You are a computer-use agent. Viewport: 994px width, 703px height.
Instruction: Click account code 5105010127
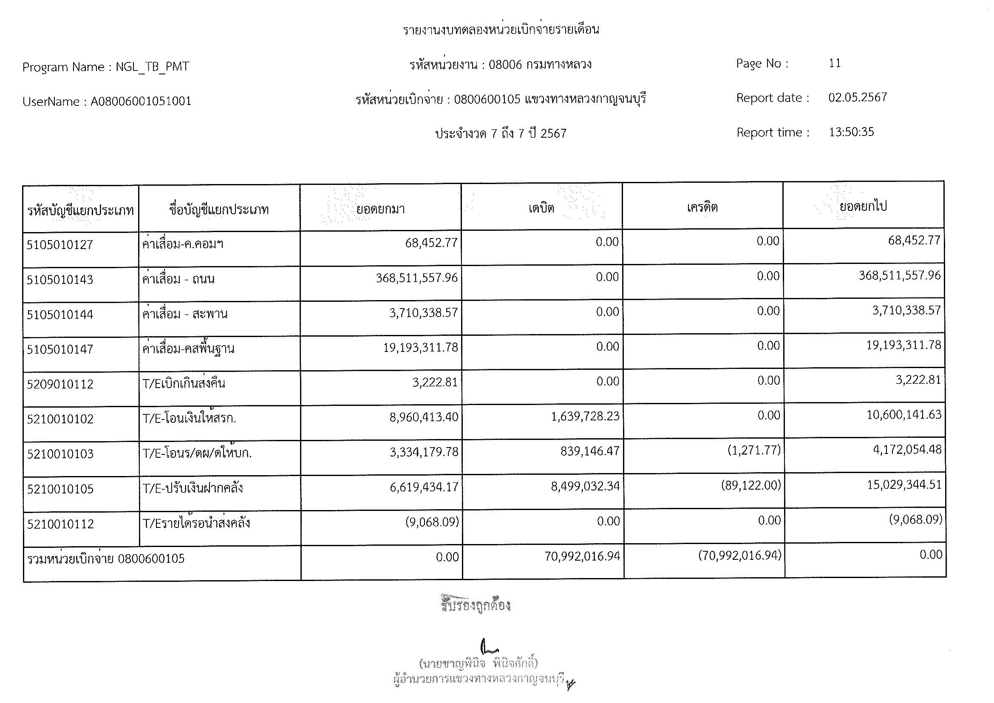(x=60, y=245)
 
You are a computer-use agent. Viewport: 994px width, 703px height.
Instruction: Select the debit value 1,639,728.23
(x=585, y=417)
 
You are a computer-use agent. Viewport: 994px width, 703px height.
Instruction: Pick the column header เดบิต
(x=541, y=208)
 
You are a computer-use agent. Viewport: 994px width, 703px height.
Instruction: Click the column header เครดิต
(x=702, y=207)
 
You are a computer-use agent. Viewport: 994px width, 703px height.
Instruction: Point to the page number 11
(x=835, y=63)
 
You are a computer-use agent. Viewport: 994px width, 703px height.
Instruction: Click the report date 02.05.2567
(x=858, y=97)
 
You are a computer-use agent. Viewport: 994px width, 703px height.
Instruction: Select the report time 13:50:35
(x=851, y=132)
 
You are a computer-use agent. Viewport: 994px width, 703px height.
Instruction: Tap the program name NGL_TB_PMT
(x=152, y=67)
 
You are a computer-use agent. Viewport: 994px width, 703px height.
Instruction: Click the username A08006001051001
(x=141, y=101)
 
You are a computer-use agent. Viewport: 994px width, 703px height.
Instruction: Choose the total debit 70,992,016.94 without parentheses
(x=582, y=556)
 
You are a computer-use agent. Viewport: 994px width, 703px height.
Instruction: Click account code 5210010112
(x=60, y=524)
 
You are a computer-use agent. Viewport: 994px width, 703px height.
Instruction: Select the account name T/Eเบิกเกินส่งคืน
(x=184, y=383)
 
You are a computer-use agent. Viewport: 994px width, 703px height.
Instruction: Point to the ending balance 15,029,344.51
(x=904, y=485)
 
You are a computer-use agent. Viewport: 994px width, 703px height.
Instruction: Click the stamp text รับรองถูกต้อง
(x=476, y=605)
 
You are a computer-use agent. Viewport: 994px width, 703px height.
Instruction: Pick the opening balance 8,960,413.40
(x=424, y=418)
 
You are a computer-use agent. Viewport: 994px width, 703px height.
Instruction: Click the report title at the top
(x=501, y=30)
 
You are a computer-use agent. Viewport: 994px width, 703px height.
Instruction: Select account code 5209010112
(x=60, y=384)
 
